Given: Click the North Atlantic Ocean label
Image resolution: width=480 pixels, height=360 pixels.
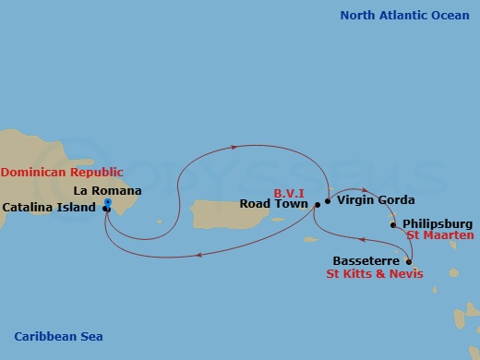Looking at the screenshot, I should tap(404, 15).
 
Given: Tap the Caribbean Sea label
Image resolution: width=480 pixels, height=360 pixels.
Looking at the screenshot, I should tap(58, 337).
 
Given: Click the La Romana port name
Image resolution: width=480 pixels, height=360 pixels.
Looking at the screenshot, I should tap(108, 191).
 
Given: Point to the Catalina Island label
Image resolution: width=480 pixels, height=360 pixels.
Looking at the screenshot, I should tap(49, 208).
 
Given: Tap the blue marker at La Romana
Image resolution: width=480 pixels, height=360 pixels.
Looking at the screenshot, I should tap(108, 202).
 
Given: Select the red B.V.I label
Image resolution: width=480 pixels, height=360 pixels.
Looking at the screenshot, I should tap(290, 193).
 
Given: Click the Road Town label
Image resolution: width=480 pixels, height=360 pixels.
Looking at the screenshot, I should tap(274, 204).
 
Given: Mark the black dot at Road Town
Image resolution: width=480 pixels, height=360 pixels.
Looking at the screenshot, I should tap(317, 204).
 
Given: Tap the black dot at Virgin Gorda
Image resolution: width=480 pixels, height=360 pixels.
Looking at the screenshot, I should tap(328, 199).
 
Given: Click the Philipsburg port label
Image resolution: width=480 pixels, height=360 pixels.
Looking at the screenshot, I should tap(438, 223).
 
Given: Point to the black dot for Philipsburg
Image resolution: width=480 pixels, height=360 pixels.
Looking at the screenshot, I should tap(393, 224).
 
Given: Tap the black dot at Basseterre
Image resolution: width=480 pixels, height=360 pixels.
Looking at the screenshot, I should tap(409, 261).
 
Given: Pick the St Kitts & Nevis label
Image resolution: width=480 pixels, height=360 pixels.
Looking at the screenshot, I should tap(375, 274).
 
